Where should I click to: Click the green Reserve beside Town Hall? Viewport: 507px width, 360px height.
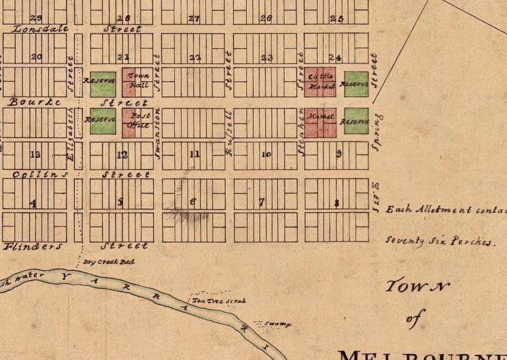pos(102,83)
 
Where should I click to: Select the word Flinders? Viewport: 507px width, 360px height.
pos(33,246)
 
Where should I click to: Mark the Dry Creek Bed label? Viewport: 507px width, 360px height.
pos(108,262)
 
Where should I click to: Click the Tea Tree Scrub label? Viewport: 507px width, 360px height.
pos(219,301)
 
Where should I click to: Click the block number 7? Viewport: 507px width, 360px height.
pos(262,201)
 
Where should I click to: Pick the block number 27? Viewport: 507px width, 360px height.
pos(193,18)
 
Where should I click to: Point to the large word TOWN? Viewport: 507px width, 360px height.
pos(417,286)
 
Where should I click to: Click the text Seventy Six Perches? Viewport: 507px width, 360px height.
pos(439,241)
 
